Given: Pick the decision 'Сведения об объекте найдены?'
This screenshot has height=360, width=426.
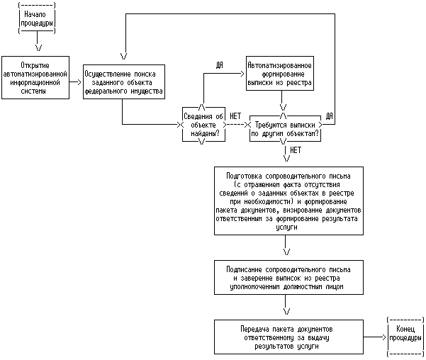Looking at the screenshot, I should (203, 124).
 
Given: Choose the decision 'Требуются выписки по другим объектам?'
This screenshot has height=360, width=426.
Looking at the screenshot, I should (285, 125).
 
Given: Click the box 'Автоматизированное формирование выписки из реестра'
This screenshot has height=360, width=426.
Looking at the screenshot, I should (279, 73).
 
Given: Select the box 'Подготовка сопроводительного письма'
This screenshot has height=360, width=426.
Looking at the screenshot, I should (286, 201).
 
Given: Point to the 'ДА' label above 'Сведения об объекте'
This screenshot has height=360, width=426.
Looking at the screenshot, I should (220, 64).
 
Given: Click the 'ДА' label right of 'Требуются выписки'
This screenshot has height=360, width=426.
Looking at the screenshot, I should (329, 116).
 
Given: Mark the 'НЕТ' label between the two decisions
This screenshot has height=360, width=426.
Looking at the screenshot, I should (236, 116).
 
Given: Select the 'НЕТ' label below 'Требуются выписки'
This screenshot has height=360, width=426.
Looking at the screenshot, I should (296, 150).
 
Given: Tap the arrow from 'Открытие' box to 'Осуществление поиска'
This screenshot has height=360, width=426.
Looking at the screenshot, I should (75, 82).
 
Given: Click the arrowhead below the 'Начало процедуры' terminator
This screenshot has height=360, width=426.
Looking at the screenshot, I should (38, 47).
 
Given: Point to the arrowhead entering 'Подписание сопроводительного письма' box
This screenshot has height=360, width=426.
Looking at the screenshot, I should (286, 252).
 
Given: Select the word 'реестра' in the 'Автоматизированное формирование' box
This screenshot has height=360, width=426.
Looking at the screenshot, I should (301, 82).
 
